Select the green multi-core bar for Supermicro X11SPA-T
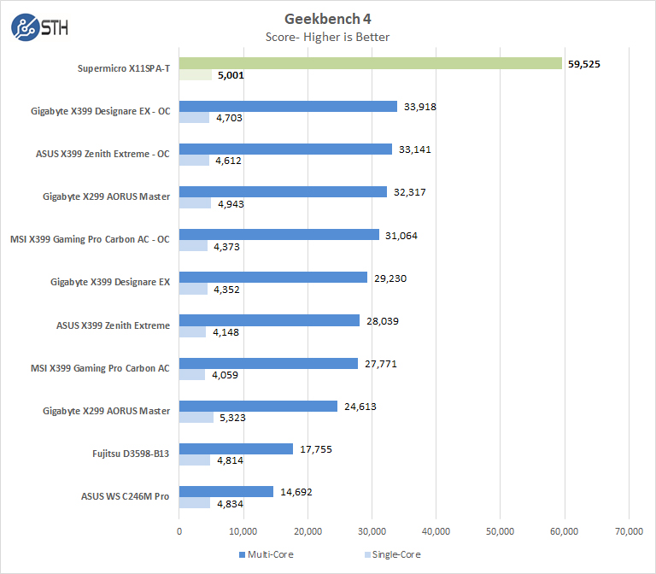370,63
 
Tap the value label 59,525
586,63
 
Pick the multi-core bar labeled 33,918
288,106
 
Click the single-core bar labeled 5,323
196,418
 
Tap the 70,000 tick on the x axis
629,531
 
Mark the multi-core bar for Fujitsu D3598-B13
236,448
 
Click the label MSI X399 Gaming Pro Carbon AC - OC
90,240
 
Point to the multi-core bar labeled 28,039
269,320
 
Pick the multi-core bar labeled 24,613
258,406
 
